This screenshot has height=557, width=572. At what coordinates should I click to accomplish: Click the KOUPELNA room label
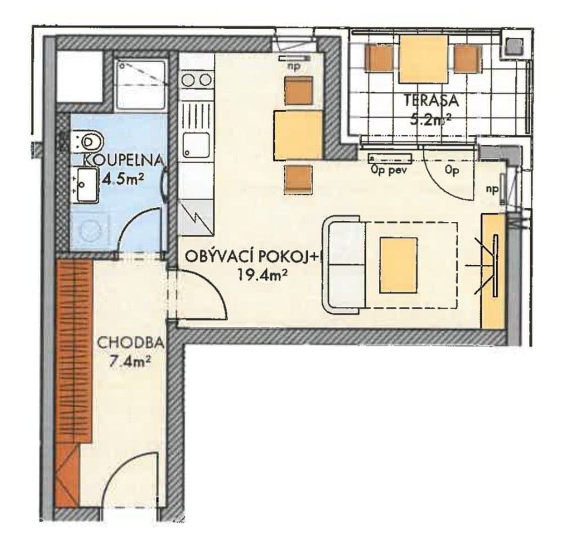123,160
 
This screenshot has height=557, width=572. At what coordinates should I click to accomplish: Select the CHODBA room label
131,342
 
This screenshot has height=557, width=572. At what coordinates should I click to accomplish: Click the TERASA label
431,101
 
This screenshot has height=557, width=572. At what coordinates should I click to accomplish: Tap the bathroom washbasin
84,183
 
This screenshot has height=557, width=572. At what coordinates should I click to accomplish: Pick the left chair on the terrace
379,58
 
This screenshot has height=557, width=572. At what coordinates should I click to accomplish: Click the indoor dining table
297,135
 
